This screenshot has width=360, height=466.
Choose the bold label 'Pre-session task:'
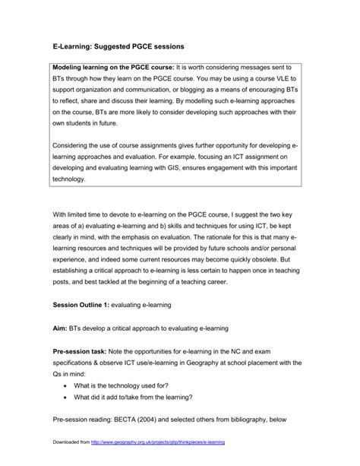(83, 352)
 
